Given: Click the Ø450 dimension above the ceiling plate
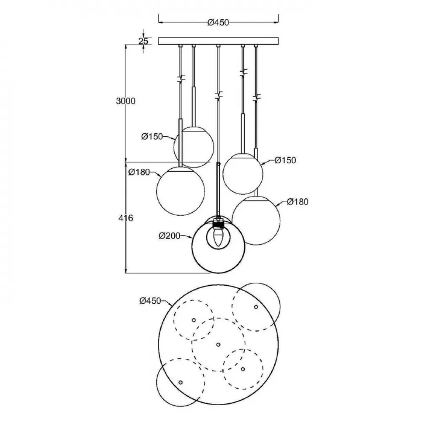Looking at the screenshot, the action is pos(218,23).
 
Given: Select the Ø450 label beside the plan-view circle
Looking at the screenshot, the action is pos(150,300).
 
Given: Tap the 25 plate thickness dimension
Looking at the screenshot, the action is pos(143,41).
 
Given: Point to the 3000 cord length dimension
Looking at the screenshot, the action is pos(126,101).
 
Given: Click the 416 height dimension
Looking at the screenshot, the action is pos(126,218).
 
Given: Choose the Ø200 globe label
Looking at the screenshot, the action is pos(170,236).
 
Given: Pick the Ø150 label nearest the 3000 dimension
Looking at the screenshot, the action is pos(152,137).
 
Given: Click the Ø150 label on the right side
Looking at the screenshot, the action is pos(285,160).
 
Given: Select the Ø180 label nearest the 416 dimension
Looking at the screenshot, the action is pos(139,172).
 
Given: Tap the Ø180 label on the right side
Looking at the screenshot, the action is pos(298,202).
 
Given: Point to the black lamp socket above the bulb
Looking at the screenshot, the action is pos(218,224).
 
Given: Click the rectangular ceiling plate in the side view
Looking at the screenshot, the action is pos(218,41).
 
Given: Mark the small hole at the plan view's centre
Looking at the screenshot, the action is pos(218,344).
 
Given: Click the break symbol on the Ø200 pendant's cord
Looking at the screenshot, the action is pos(219,95).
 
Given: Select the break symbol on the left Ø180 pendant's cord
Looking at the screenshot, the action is pos(181,78).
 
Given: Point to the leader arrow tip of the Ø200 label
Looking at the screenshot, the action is pos(192,238).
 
